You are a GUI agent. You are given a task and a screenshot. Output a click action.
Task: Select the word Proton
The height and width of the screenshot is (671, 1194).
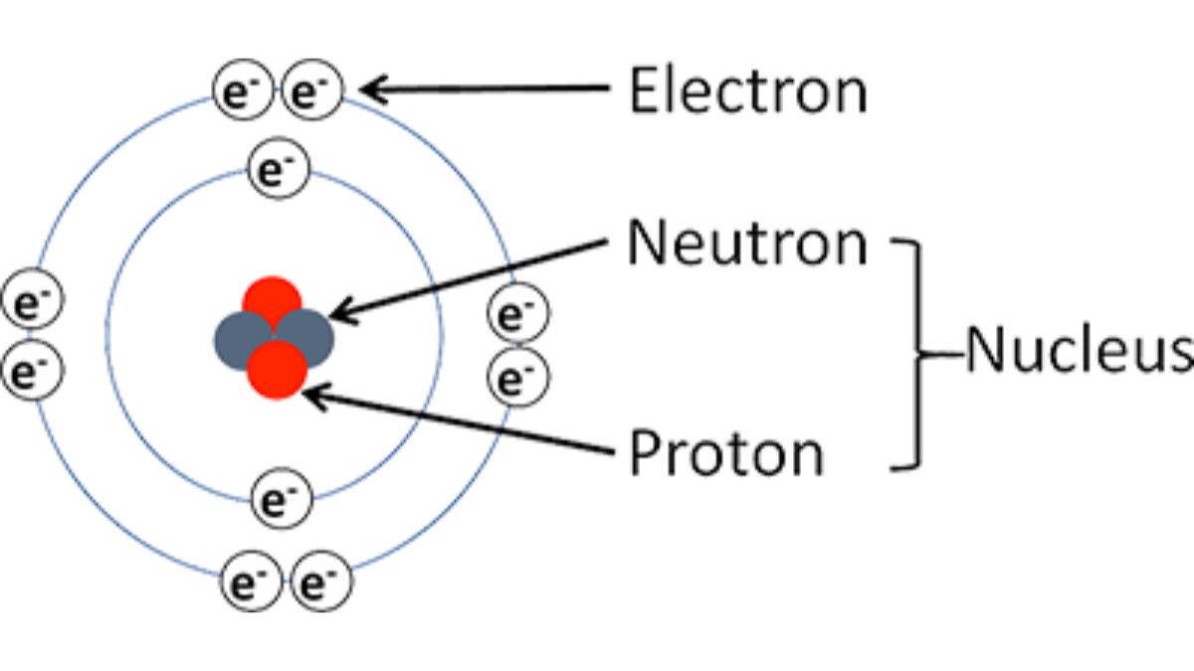click(x=726, y=454)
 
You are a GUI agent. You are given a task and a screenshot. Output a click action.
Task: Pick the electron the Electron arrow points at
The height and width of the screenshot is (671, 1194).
click(x=312, y=92)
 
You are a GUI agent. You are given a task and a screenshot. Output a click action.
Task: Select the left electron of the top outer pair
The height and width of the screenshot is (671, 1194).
click(x=242, y=92)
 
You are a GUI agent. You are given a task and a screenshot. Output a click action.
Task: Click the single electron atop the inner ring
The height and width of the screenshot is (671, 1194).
click(x=279, y=168)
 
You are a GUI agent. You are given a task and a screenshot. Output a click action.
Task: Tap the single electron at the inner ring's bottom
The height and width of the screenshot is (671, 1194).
click(x=282, y=500)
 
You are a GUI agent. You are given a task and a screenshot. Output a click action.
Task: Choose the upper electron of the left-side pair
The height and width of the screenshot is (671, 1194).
click(x=32, y=301)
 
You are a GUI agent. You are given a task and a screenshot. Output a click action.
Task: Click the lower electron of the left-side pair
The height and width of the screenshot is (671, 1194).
click(x=32, y=370)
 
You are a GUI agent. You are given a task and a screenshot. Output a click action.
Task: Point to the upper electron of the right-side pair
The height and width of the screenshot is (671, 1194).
click(x=517, y=315)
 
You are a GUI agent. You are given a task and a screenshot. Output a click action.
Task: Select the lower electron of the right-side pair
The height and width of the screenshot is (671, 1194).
click(x=517, y=378)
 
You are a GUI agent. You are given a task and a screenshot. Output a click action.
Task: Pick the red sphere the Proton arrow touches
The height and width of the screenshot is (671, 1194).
click(x=277, y=370)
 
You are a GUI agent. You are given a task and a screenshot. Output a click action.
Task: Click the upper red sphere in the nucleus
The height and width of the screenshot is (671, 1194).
click(x=272, y=299)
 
